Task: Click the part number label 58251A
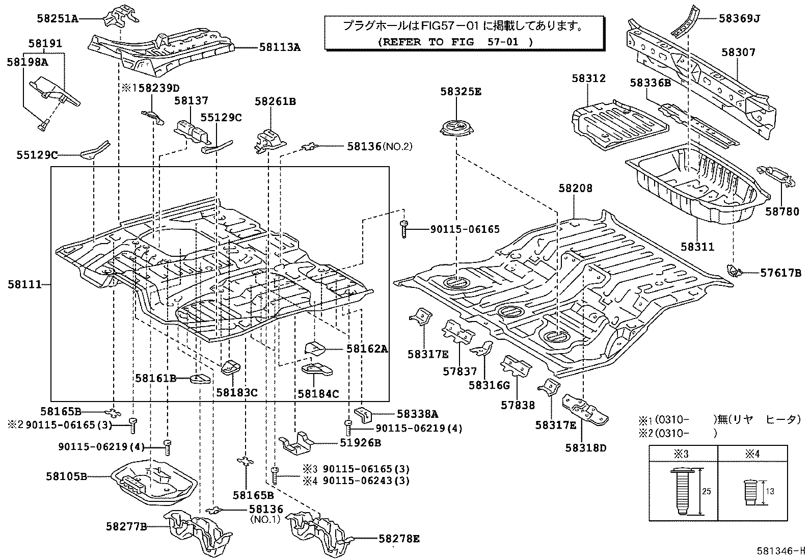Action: click(57, 19)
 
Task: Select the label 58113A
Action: click(280, 47)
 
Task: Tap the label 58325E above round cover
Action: click(461, 92)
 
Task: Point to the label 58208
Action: click(575, 188)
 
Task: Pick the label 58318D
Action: click(586, 448)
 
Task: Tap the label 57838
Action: click(518, 405)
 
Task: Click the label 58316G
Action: click(489, 385)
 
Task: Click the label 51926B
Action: click(360, 443)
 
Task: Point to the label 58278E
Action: click(399, 538)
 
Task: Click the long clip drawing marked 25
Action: click(680, 491)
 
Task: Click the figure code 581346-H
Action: click(780, 551)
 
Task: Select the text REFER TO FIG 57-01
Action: click(455, 42)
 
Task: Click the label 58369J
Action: click(739, 19)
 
